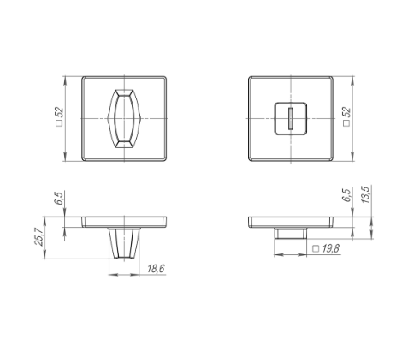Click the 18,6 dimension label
pyautogui.click(x=156, y=269)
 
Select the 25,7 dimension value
pyautogui.click(x=38, y=236)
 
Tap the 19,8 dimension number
pyautogui.click(x=331, y=248)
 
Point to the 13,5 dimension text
pyautogui.click(x=365, y=194)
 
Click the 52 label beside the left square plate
pyautogui.click(x=59, y=112)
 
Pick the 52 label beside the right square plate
pyautogui.click(x=346, y=112)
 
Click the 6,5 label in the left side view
pyautogui.click(x=58, y=199)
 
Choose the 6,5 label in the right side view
pyautogui.click(x=347, y=195)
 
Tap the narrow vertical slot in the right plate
pyautogui.click(x=291, y=118)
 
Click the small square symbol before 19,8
pyautogui.click(x=316, y=248)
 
